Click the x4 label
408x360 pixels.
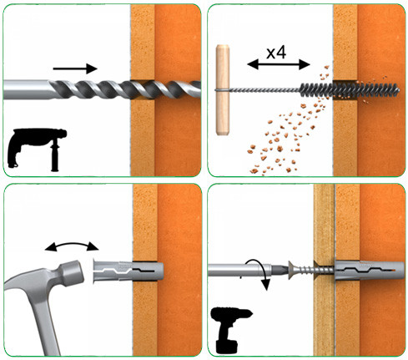276,53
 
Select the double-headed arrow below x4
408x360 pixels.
279,64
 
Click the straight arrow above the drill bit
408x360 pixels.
75,68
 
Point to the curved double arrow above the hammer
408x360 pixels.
72,245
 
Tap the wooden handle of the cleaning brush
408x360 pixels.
223,89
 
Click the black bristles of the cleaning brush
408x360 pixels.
349,90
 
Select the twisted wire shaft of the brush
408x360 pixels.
264,89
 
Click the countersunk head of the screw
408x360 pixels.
292,271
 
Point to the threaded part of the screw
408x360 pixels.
315,271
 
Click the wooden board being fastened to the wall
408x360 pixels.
324,270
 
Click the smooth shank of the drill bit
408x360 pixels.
28,89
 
